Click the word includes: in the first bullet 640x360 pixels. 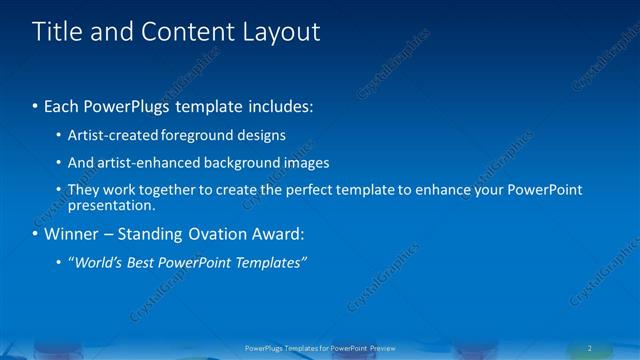coord(281,104)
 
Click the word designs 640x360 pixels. coord(263,135)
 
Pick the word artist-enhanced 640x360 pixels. coord(137,162)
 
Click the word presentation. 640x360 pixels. coord(111,206)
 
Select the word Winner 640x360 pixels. coord(71,235)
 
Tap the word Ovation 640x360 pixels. coord(213,235)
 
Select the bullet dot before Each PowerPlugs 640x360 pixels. coord(36,105)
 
